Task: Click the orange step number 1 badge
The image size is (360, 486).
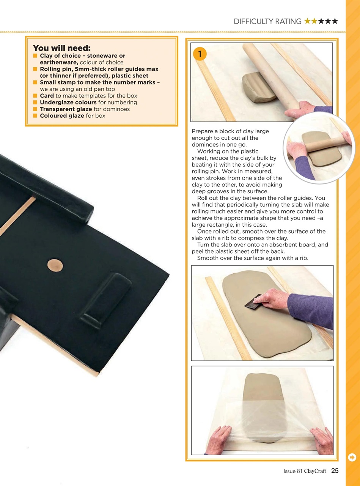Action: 200,54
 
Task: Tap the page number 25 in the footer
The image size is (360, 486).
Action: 335,471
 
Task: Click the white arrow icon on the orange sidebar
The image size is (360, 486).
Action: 352,458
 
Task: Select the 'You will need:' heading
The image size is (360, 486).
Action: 62,48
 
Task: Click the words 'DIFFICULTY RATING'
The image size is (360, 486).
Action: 267,21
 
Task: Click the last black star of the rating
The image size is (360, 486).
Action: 334,21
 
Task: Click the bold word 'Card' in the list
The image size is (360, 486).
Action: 47,96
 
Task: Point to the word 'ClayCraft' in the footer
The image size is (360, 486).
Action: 315,471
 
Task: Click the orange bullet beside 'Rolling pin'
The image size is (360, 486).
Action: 35,69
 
